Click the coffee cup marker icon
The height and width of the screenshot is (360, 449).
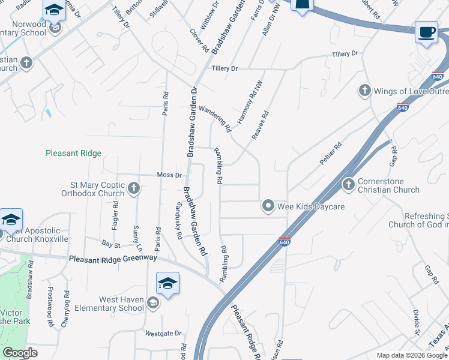pyautogui.click(x=426, y=32)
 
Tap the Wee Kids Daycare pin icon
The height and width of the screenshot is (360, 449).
pyautogui.click(x=268, y=206)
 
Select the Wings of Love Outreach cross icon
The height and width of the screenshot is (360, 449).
pyautogui.click(x=364, y=91)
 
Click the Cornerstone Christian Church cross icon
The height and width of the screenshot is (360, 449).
pyautogui.click(x=348, y=185)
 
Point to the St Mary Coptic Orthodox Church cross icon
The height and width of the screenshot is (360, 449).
pyautogui.click(x=134, y=189)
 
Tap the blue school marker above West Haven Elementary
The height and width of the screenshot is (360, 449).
pyautogui.click(x=167, y=284)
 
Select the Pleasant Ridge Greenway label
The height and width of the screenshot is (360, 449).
pyautogui.click(x=113, y=259)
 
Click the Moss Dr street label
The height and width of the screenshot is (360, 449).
pyautogui.click(x=169, y=175)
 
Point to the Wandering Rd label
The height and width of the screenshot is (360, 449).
pyautogui.click(x=214, y=118)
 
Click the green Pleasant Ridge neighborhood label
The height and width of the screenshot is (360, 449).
pyautogui.click(x=73, y=153)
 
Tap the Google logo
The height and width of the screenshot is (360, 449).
pyautogui.click(x=20, y=353)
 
